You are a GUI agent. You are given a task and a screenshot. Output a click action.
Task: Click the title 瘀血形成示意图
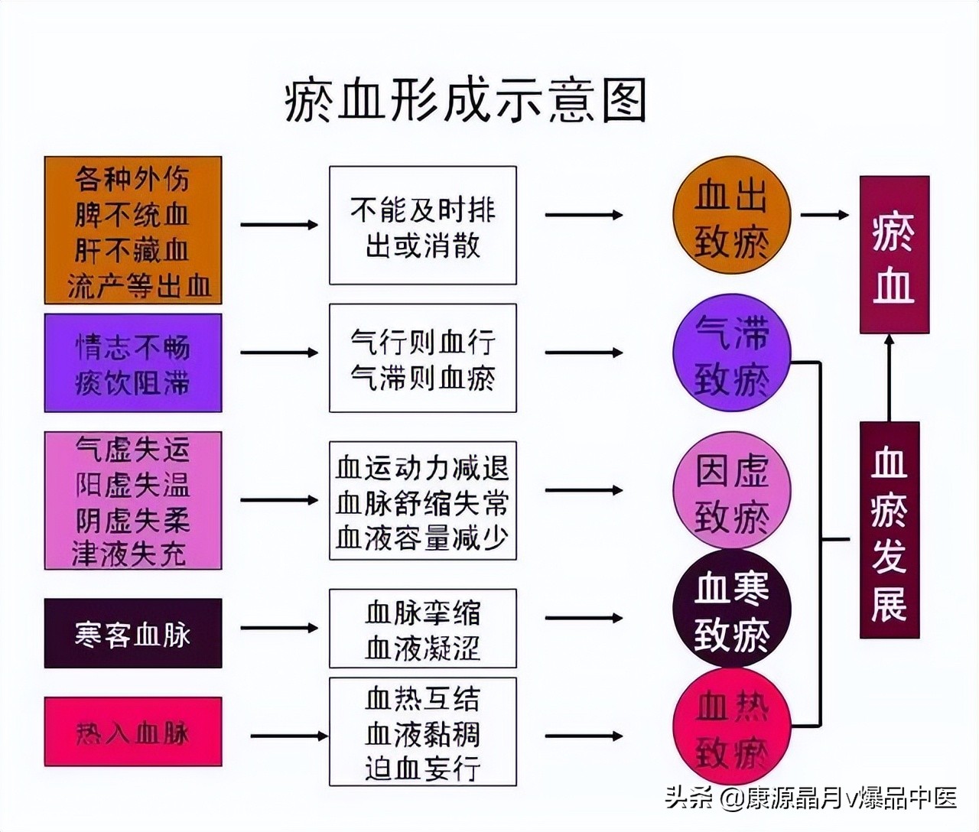[x=465, y=101]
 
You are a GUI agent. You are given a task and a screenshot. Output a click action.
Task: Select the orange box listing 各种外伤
[x=133, y=230]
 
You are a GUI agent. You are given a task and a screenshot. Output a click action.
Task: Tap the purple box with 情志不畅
[x=133, y=363]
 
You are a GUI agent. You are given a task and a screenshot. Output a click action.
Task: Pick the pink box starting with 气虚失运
[x=133, y=500]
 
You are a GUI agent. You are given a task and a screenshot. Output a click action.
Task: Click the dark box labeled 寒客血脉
[x=133, y=633]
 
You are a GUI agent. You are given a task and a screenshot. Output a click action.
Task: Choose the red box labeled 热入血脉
[x=133, y=732]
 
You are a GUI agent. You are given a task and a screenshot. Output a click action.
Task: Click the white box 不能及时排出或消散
[x=422, y=226]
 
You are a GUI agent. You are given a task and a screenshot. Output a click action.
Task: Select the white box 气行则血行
[x=422, y=358]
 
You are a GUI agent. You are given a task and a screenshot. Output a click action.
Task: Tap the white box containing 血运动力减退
[x=422, y=500]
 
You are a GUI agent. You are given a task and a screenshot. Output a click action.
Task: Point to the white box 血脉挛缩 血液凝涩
[x=422, y=629]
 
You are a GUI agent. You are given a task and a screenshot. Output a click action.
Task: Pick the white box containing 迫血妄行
[x=422, y=732]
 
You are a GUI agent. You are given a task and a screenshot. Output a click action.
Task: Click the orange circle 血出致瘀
[x=731, y=216]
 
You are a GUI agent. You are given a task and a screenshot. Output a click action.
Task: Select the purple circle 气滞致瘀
[x=731, y=354]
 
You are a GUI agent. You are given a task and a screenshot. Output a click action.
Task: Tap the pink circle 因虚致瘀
[x=731, y=491]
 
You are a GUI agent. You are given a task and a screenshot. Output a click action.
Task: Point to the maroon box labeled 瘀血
[x=894, y=255]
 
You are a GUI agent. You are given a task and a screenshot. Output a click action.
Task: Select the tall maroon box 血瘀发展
[x=889, y=530]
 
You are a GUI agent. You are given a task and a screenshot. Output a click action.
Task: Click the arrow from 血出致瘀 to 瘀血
[x=825, y=215]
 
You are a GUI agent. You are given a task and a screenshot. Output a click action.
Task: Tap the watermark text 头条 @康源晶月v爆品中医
[x=811, y=798]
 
